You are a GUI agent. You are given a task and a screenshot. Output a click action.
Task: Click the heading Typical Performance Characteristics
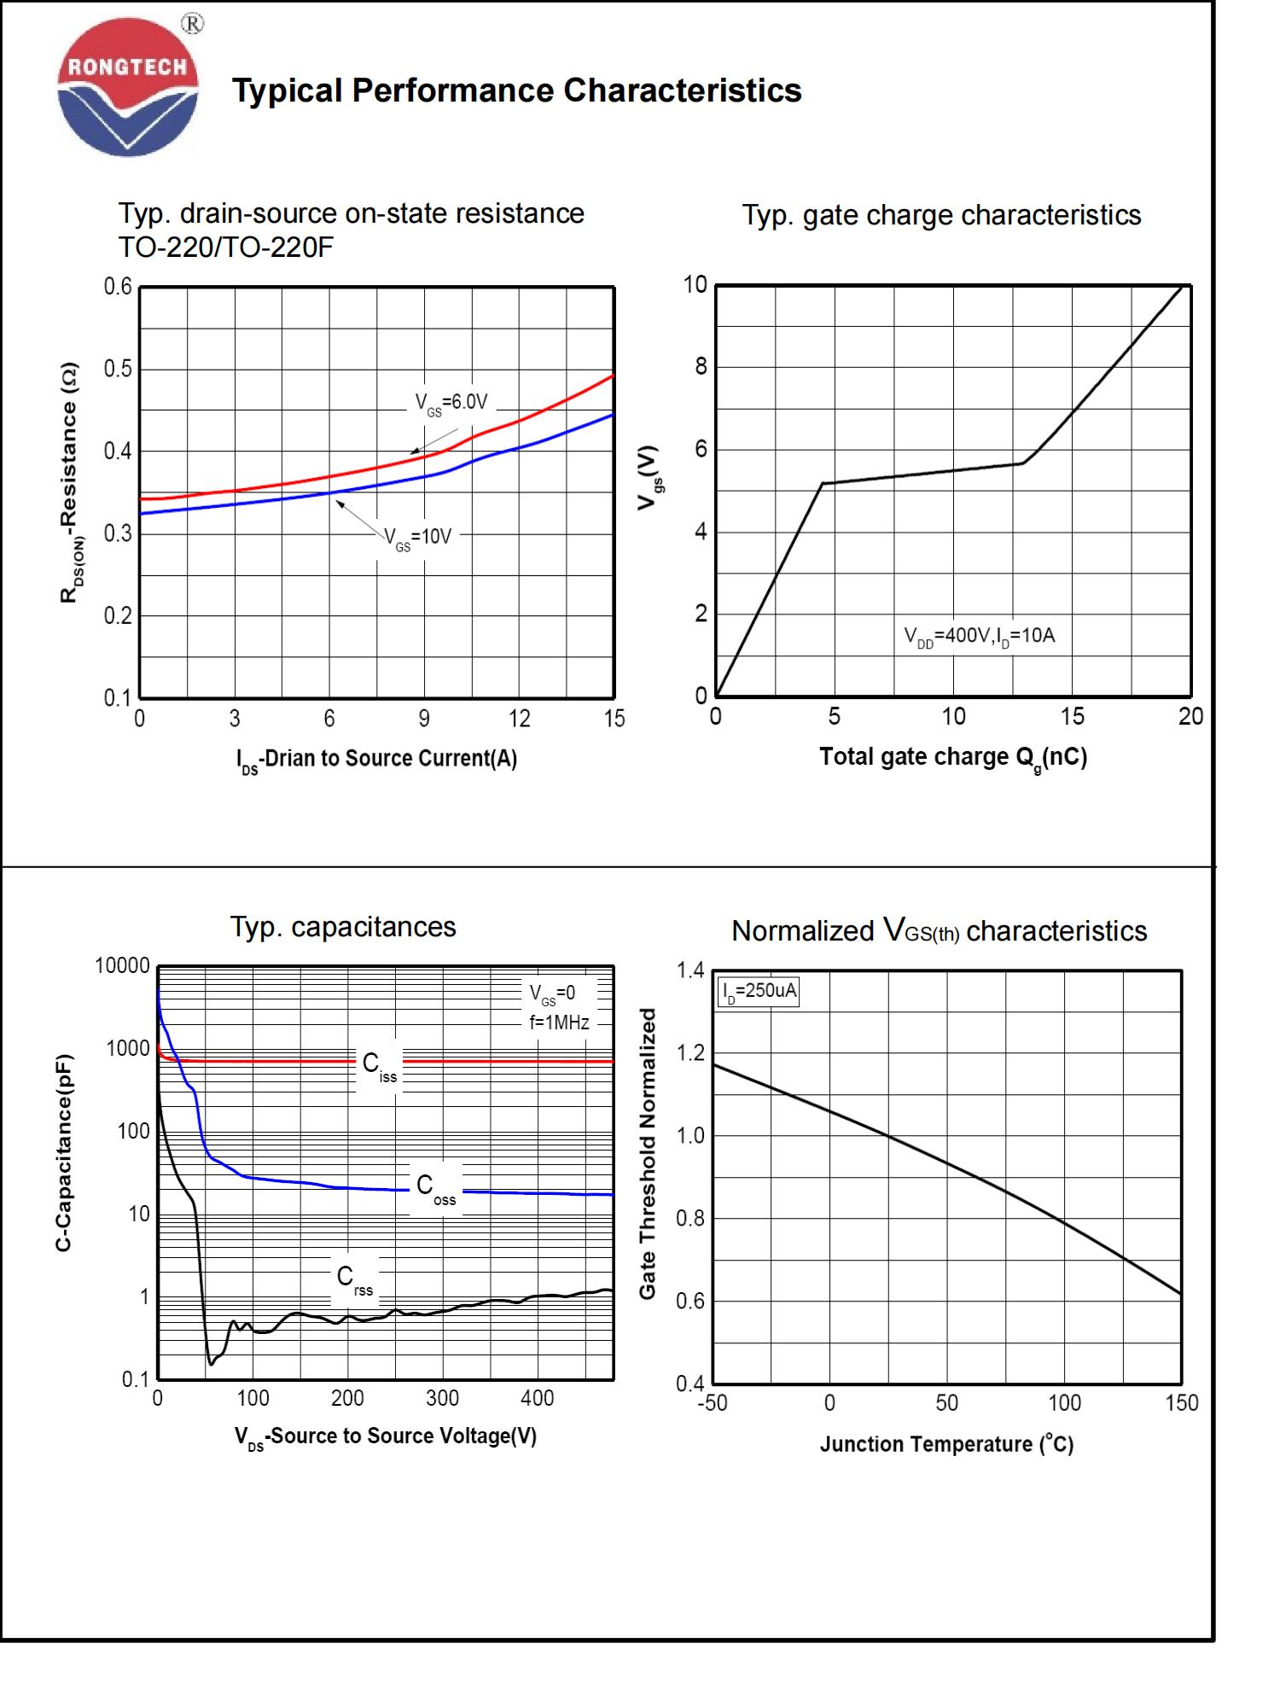click(516, 90)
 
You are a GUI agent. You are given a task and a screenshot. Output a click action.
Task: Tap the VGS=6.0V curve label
click(451, 403)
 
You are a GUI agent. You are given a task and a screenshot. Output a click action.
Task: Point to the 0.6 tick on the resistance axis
click(119, 287)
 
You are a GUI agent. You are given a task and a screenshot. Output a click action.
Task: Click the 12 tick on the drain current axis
click(519, 719)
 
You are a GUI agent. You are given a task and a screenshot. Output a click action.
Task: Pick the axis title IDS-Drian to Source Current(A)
click(376, 759)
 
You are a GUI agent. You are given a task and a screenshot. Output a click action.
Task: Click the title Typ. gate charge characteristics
click(940, 215)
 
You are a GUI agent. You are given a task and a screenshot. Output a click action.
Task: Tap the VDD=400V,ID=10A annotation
click(979, 636)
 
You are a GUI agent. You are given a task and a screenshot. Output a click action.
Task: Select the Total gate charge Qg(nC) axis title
click(953, 758)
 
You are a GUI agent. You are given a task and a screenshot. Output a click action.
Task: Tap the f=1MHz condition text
click(559, 1022)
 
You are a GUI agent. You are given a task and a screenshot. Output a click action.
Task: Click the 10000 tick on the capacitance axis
click(122, 966)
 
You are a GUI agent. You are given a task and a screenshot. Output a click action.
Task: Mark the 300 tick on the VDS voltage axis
click(442, 1398)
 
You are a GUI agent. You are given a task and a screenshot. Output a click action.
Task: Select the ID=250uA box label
click(759, 992)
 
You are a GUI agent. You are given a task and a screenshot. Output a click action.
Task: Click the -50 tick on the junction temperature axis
click(713, 1402)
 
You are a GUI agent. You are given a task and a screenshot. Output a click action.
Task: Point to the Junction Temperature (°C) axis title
click(946, 1444)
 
